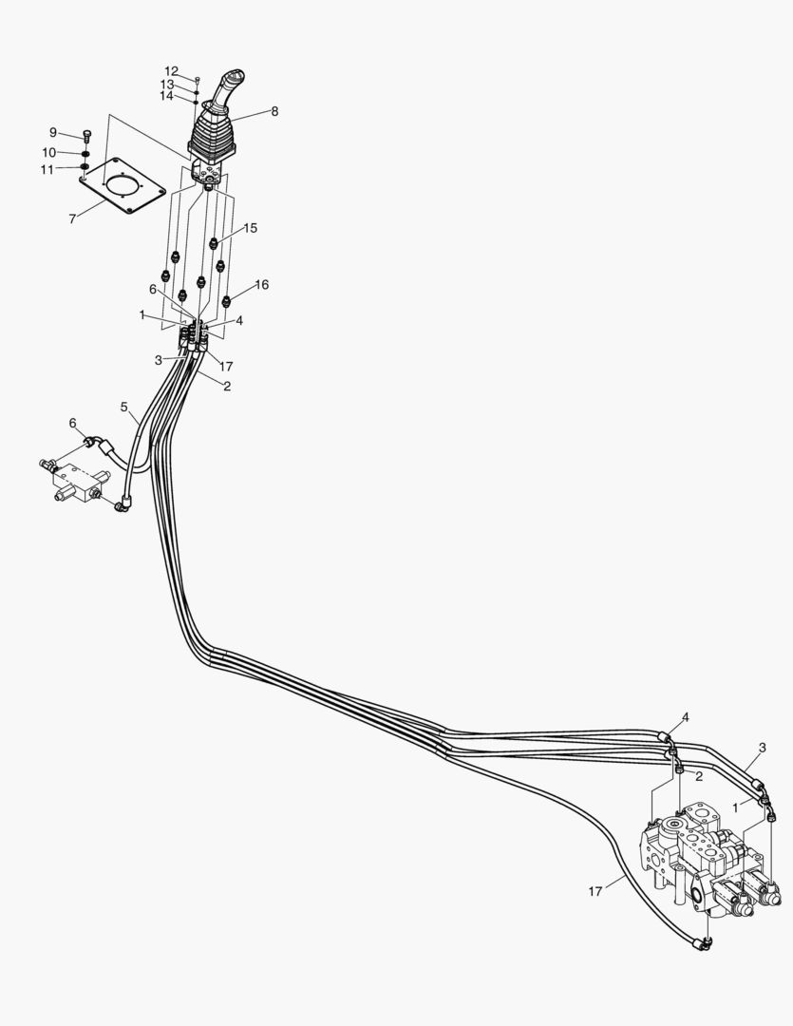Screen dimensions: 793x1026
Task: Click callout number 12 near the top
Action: tap(171, 70)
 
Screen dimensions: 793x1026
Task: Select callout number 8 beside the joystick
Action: tap(274, 111)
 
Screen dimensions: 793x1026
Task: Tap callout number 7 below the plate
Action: tap(72, 219)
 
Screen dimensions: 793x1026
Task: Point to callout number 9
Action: tap(53, 132)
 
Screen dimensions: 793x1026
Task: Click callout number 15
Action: tap(251, 228)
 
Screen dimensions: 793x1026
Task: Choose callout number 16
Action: tap(262, 285)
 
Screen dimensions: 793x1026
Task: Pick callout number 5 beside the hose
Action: tap(124, 407)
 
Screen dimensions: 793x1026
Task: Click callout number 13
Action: tap(167, 85)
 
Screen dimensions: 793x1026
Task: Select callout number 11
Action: tap(47, 170)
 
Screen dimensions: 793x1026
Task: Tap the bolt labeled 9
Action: tap(87, 136)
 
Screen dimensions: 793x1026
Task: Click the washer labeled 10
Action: tap(85, 154)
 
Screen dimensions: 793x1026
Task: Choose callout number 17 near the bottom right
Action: tap(595, 891)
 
